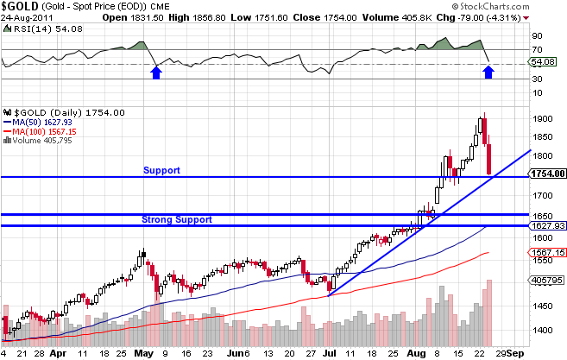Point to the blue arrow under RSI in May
(x=155, y=73)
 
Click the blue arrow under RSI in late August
(x=488, y=73)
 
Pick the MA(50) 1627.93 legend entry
(x=43, y=122)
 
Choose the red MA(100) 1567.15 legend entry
(x=46, y=130)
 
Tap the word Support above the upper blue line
(x=161, y=170)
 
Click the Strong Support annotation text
(x=177, y=219)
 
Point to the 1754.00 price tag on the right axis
(x=547, y=174)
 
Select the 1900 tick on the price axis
(x=541, y=119)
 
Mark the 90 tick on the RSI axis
(x=537, y=36)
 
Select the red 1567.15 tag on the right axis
(x=547, y=251)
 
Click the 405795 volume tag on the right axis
(x=547, y=280)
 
